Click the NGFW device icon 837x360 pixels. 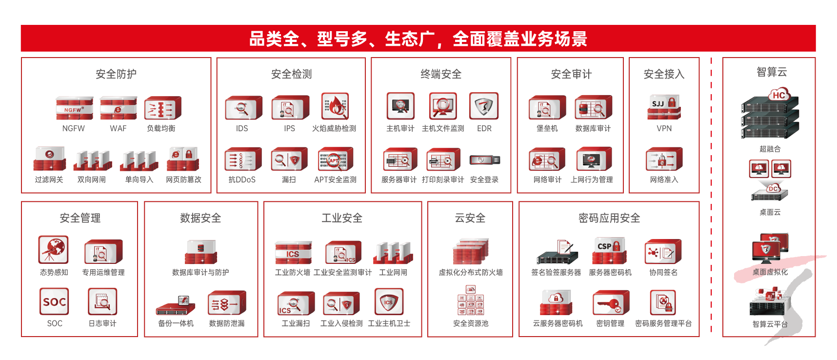click(74, 108)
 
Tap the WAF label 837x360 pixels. click(118, 128)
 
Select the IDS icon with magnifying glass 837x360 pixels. click(243, 108)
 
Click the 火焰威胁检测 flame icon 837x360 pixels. click(336, 106)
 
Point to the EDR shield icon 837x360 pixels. click(484, 106)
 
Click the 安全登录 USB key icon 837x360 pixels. click(485, 160)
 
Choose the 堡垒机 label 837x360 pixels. click(547, 128)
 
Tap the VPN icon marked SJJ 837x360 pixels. click(664, 107)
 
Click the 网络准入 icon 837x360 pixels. click(664, 159)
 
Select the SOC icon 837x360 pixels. click(54, 301)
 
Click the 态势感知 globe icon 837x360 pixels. click(54, 250)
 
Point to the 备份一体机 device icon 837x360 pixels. click(176, 305)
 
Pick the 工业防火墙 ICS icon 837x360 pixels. click(293, 252)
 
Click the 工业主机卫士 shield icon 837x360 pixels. click(389, 301)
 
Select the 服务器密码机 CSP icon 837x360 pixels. click(610, 251)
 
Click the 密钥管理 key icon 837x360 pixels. click(611, 302)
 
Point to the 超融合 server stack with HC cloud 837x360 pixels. click(771, 114)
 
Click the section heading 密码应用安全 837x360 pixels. click(609, 218)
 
